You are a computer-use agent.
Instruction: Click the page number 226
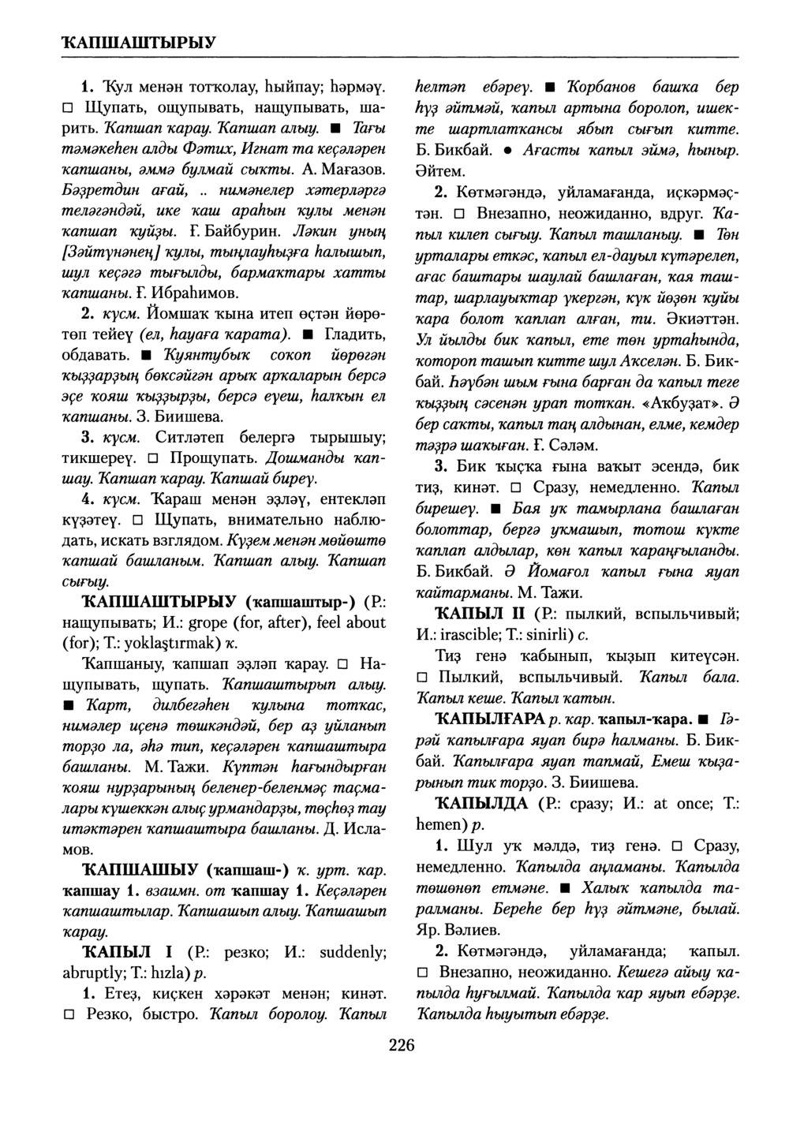click(x=401, y=1046)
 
